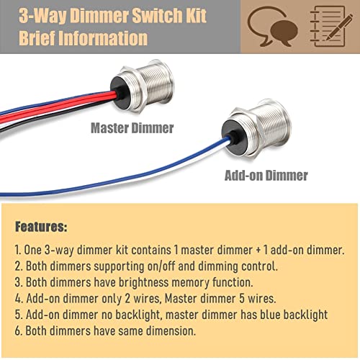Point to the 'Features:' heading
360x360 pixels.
coord(41,227)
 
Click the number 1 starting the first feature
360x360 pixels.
coord(18,249)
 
